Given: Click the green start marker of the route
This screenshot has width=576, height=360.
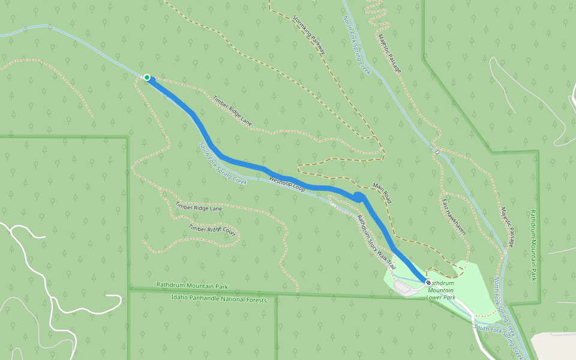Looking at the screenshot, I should pyautogui.click(x=147, y=77).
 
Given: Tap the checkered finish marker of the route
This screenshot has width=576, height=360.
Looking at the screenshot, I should pyautogui.click(x=428, y=282).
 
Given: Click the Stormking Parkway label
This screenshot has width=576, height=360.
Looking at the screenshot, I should pyautogui.click(x=310, y=35).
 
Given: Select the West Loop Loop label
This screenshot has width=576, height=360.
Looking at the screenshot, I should pyautogui.click(x=287, y=184).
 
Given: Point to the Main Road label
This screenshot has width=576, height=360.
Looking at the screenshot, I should pyautogui.click(x=382, y=193).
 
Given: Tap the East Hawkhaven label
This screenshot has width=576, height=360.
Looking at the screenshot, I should pyautogui.click(x=454, y=216).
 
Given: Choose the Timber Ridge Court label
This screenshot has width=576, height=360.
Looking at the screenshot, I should pyautogui.click(x=212, y=229).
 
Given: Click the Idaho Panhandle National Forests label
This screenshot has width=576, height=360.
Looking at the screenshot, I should pyautogui.click(x=218, y=298).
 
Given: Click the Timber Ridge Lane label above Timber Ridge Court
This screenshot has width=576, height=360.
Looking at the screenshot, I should pyautogui.click(x=199, y=206).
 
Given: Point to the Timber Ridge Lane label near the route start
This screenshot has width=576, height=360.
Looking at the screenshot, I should pyautogui.click(x=232, y=111).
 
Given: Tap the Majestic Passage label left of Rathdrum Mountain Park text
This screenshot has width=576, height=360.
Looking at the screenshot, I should pyautogui.click(x=508, y=227).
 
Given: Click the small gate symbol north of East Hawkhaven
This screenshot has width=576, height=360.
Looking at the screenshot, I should pyautogui.click(x=437, y=152).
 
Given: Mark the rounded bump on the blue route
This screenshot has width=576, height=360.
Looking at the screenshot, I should pyautogui.click(x=358, y=196).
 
